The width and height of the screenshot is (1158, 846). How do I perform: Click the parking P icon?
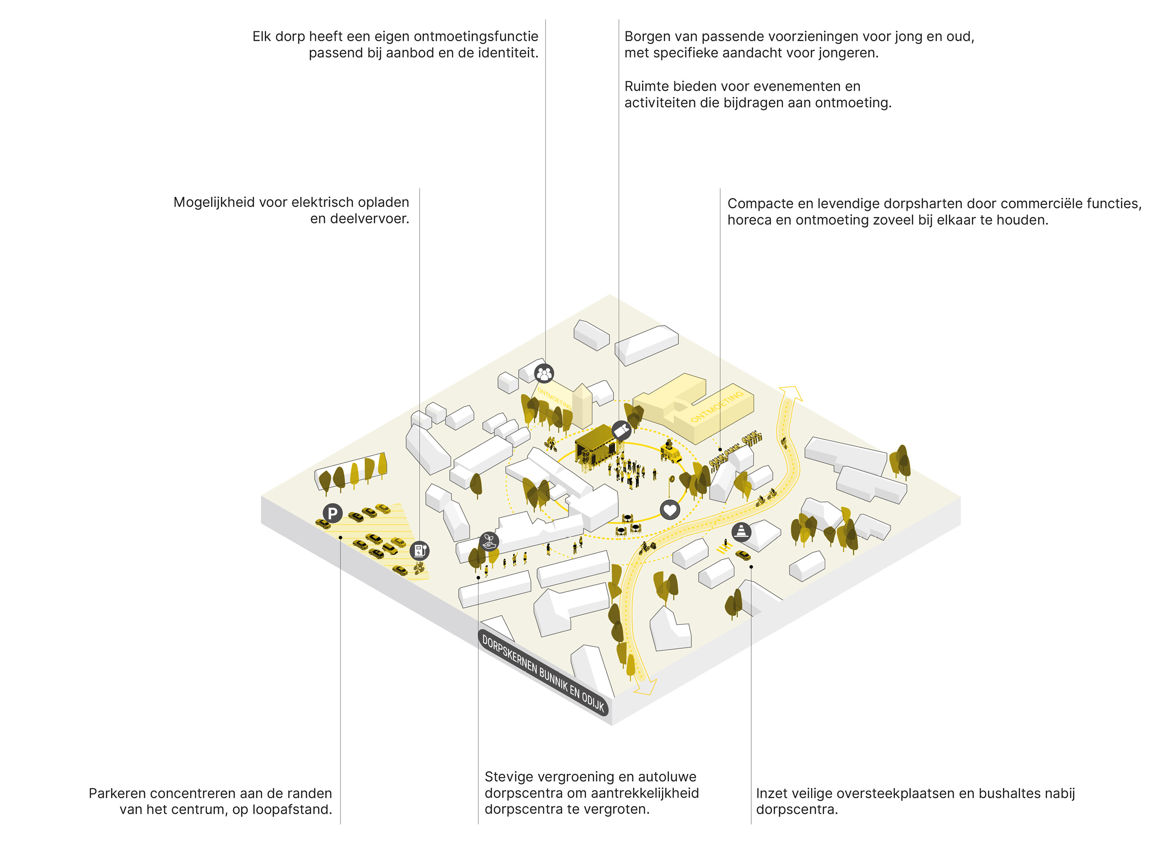pyautogui.click(x=332, y=513)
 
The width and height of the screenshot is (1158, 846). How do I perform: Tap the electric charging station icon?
pyautogui.click(x=419, y=551)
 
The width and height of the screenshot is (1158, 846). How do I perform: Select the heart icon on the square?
pyautogui.click(x=669, y=509)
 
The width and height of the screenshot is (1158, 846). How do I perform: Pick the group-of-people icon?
pyautogui.click(x=544, y=373)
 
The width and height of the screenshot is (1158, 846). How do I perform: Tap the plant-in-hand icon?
pyautogui.click(x=489, y=541)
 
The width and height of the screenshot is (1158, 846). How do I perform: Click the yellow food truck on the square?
pyautogui.click(x=670, y=452)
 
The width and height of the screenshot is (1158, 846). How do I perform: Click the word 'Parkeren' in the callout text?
pyautogui.click(x=119, y=793)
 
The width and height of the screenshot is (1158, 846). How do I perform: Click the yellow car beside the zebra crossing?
pyautogui.click(x=743, y=555)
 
